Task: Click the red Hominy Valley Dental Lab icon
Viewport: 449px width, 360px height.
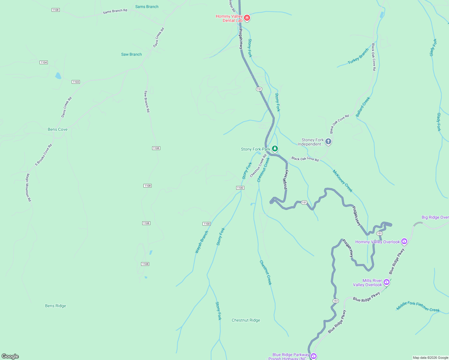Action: pyautogui.click(x=247, y=18)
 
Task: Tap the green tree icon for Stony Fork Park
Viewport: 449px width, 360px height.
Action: pyautogui.click(x=275, y=148)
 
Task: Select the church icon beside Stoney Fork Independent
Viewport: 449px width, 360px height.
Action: pyautogui.click(x=328, y=141)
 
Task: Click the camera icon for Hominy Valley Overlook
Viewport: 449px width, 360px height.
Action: pyautogui.click(x=404, y=241)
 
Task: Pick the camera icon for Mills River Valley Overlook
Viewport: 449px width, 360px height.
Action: pyautogui.click(x=387, y=282)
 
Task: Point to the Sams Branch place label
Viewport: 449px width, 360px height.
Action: pyautogui.click(x=147, y=7)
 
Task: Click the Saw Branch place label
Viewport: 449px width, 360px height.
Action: pyautogui.click(x=131, y=54)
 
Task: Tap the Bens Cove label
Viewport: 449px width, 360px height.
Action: pyautogui.click(x=58, y=129)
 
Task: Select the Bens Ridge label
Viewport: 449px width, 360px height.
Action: pyautogui.click(x=56, y=306)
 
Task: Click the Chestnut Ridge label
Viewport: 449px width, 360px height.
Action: pyautogui.click(x=246, y=320)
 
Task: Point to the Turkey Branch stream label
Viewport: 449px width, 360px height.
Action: pyautogui.click(x=358, y=56)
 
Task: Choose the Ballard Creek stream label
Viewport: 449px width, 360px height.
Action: pyautogui.click(x=363, y=107)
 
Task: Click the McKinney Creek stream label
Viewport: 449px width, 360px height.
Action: pyautogui.click(x=342, y=181)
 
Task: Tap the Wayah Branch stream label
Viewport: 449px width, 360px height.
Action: pyautogui.click(x=202, y=242)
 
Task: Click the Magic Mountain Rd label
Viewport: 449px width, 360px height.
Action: pyautogui.click(x=28, y=187)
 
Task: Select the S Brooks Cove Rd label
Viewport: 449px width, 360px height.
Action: pyautogui.click(x=44, y=155)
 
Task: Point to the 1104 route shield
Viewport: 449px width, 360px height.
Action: pyautogui.click(x=44, y=62)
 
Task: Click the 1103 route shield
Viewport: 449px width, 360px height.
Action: pyautogui.click(x=76, y=82)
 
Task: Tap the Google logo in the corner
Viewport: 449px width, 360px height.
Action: pyautogui.click(x=10, y=356)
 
